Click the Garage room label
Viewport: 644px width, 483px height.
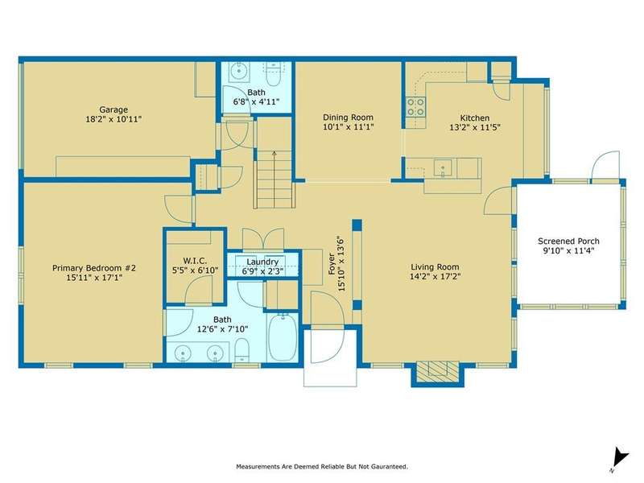pyautogui.click(x=114, y=109)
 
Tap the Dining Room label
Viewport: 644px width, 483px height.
pyautogui.click(x=348, y=118)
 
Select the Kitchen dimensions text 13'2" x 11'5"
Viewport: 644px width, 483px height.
pyautogui.click(x=475, y=127)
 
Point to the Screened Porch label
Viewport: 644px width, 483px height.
pyautogui.click(x=568, y=241)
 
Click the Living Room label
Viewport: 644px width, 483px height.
pyautogui.click(x=435, y=267)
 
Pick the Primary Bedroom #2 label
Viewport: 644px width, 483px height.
pyautogui.click(x=94, y=268)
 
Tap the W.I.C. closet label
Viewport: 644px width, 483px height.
pyautogui.click(x=195, y=261)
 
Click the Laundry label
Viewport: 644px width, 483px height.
pyautogui.click(x=262, y=262)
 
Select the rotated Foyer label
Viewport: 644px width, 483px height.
pyautogui.click(x=332, y=264)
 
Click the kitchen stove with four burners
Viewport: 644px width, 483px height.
pyautogui.click(x=415, y=107)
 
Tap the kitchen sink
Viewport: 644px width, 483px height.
pyautogui.click(x=443, y=168)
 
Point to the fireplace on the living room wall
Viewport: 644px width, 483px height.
pyautogui.click(x=438, y=373)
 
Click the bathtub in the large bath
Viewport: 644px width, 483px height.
pyautogui.click(x=283, y=337)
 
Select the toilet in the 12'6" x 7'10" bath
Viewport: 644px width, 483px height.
pyautogui.click(x=242, y=350)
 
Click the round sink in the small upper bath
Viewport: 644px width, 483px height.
pyautogui.click(x=237, y=72)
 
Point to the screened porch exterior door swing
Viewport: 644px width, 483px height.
pyautogui.click(x=605, y=165)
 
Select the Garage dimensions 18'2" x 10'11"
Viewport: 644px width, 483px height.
pyautogui.click(x=114, y=119)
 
